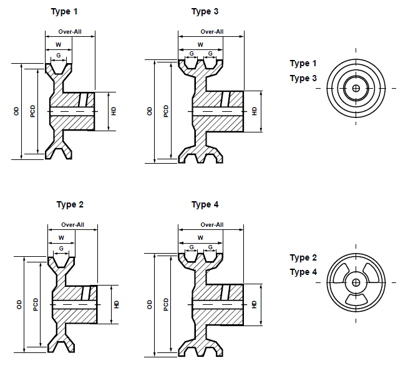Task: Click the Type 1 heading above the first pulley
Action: click(65, 12)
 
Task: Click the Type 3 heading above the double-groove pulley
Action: click(205, 12)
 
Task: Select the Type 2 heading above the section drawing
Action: click(70, 204)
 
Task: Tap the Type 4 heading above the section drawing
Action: click(205, 204)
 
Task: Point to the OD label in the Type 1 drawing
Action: click(16, 111)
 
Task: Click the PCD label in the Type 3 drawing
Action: click(166, 111)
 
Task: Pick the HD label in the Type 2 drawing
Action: click(117, 304)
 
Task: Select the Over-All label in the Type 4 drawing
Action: click(212, 224)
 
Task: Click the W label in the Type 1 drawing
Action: click(59, 44)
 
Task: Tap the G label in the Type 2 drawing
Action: click(61, 248)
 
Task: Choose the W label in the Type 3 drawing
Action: click(200, 44)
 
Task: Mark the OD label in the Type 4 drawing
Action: click(150, 304)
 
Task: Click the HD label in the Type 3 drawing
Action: click(255, 111)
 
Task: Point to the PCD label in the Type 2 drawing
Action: click(36, 304)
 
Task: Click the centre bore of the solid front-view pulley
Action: click(356, 89)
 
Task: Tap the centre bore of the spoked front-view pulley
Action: click(356, 282)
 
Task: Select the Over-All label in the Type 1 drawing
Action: click(70, 31)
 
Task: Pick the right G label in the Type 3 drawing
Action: click(210, 54)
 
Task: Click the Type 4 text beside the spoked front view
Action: click(303, 272)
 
